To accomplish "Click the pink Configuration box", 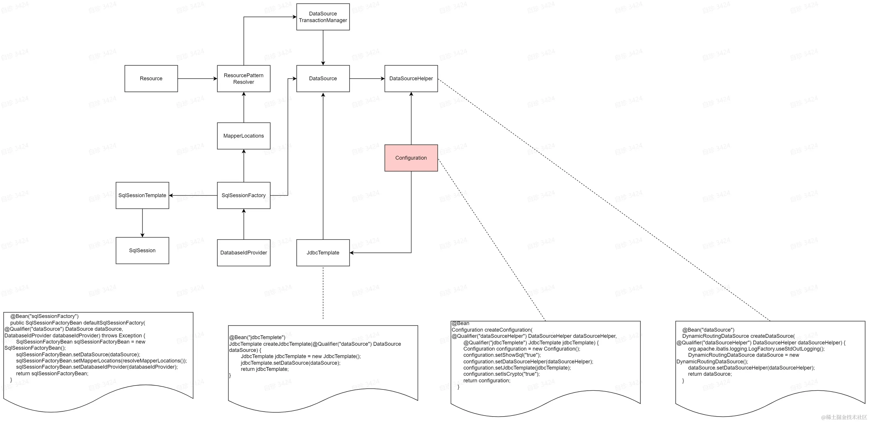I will [411, 158].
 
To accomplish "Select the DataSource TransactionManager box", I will [323, 17].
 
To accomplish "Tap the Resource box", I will [151, 78].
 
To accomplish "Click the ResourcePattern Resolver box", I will [244, 78].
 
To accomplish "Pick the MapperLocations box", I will [244, 136].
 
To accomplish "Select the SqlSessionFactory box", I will [244, 195].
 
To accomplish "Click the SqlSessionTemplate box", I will [142, 195].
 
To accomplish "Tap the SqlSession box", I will [142, 250].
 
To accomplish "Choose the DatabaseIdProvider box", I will [244, 253].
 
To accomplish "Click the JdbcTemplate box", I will [323, 253].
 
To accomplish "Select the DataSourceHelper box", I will [411, 78].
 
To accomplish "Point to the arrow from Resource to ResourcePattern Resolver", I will [197, 78].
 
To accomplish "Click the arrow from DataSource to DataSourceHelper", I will [367, 78].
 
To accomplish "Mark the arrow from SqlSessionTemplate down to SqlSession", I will [142, 222].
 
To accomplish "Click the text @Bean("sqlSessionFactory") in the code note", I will [44, 316].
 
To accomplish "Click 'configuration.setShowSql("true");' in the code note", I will [502, 355].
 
